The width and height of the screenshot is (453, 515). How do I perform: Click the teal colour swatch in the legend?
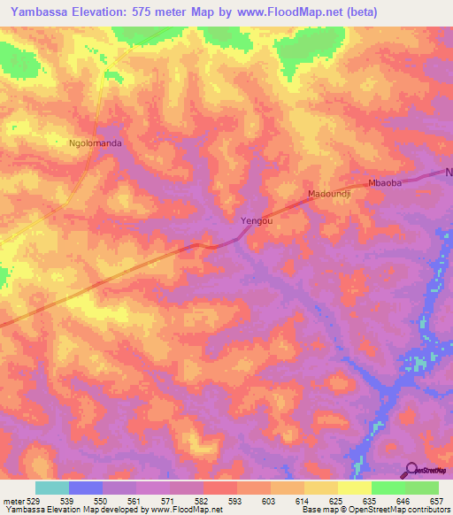[51, 488]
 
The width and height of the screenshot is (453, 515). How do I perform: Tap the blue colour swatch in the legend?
[86, 488]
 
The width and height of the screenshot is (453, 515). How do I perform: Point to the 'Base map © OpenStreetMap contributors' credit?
[374, 510]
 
